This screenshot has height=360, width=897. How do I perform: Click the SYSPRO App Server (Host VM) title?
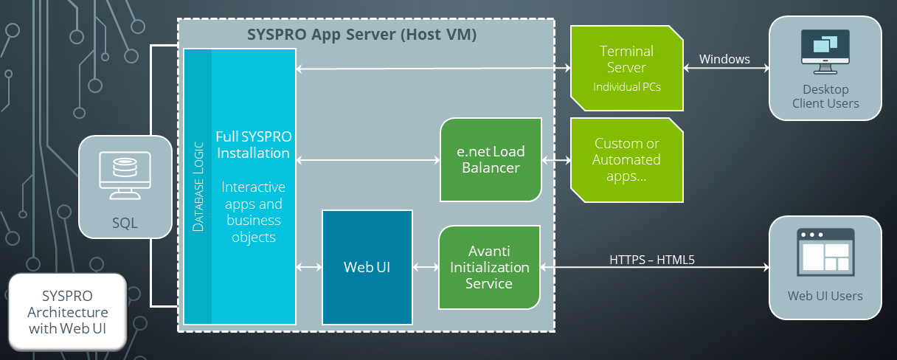coord(361,35)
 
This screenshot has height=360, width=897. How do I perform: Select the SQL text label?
coord(125,222)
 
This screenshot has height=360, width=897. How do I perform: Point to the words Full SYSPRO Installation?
coord(252,145)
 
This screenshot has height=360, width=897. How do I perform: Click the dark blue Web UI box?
coord(367,267)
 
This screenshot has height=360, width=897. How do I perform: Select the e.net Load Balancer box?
coord(491,160)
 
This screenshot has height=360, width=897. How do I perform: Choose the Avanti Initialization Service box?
coord(490,267)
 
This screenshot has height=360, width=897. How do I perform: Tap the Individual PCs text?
coord(626,87)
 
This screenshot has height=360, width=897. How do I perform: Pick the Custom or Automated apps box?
coord(626,160)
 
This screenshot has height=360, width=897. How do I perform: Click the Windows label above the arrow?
coord(724,59)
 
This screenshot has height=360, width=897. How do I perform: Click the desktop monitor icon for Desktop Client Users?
coord(825,52)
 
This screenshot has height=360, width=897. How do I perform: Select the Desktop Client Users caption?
coord(825,96)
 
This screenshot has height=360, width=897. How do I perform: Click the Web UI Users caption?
coord(825,296)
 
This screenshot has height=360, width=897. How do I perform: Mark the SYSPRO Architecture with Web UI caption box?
coord(66,311)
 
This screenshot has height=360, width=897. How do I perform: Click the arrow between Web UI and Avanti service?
coord(426,267)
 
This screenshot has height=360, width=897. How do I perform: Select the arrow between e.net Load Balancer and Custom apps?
coord(556,160)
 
